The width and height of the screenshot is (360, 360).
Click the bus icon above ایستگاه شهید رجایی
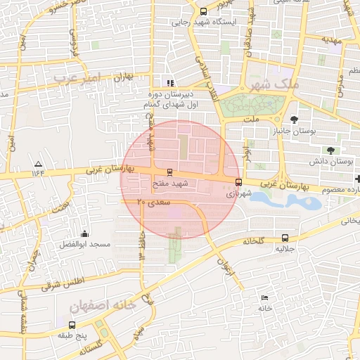coord(204,11)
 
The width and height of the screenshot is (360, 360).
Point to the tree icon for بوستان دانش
coord(330,150)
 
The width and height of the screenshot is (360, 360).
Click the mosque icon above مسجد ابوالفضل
coord(85,233)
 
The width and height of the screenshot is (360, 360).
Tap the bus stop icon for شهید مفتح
coord(169,172)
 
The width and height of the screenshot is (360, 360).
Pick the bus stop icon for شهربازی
coord(238,182)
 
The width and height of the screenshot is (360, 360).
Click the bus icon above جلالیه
coord(285,238)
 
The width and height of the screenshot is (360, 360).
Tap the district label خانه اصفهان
coord(103,307)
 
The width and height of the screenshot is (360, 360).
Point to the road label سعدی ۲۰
coord(154,202)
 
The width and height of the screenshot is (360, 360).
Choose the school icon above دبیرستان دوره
coord(169,83)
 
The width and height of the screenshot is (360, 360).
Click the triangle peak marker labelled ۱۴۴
coord(37,163)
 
